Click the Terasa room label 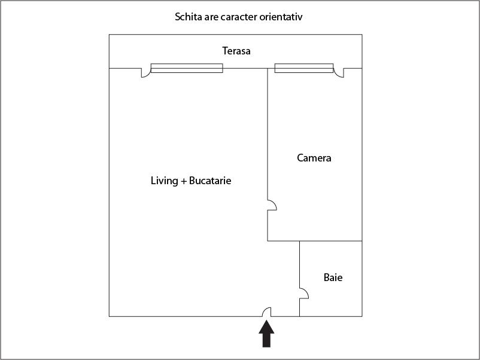(x=236, y=51)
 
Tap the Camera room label (x=314, y=158)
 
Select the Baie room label (x=333, y=277)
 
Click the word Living (x=165, y=181)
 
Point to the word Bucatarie (x=210, y=181)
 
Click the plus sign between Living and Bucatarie (x=184, y=181)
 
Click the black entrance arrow (x=266, y=334)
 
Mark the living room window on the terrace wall (x=187, y=68)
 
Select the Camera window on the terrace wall (x=304, y=68)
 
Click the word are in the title (x=211, y=18)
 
